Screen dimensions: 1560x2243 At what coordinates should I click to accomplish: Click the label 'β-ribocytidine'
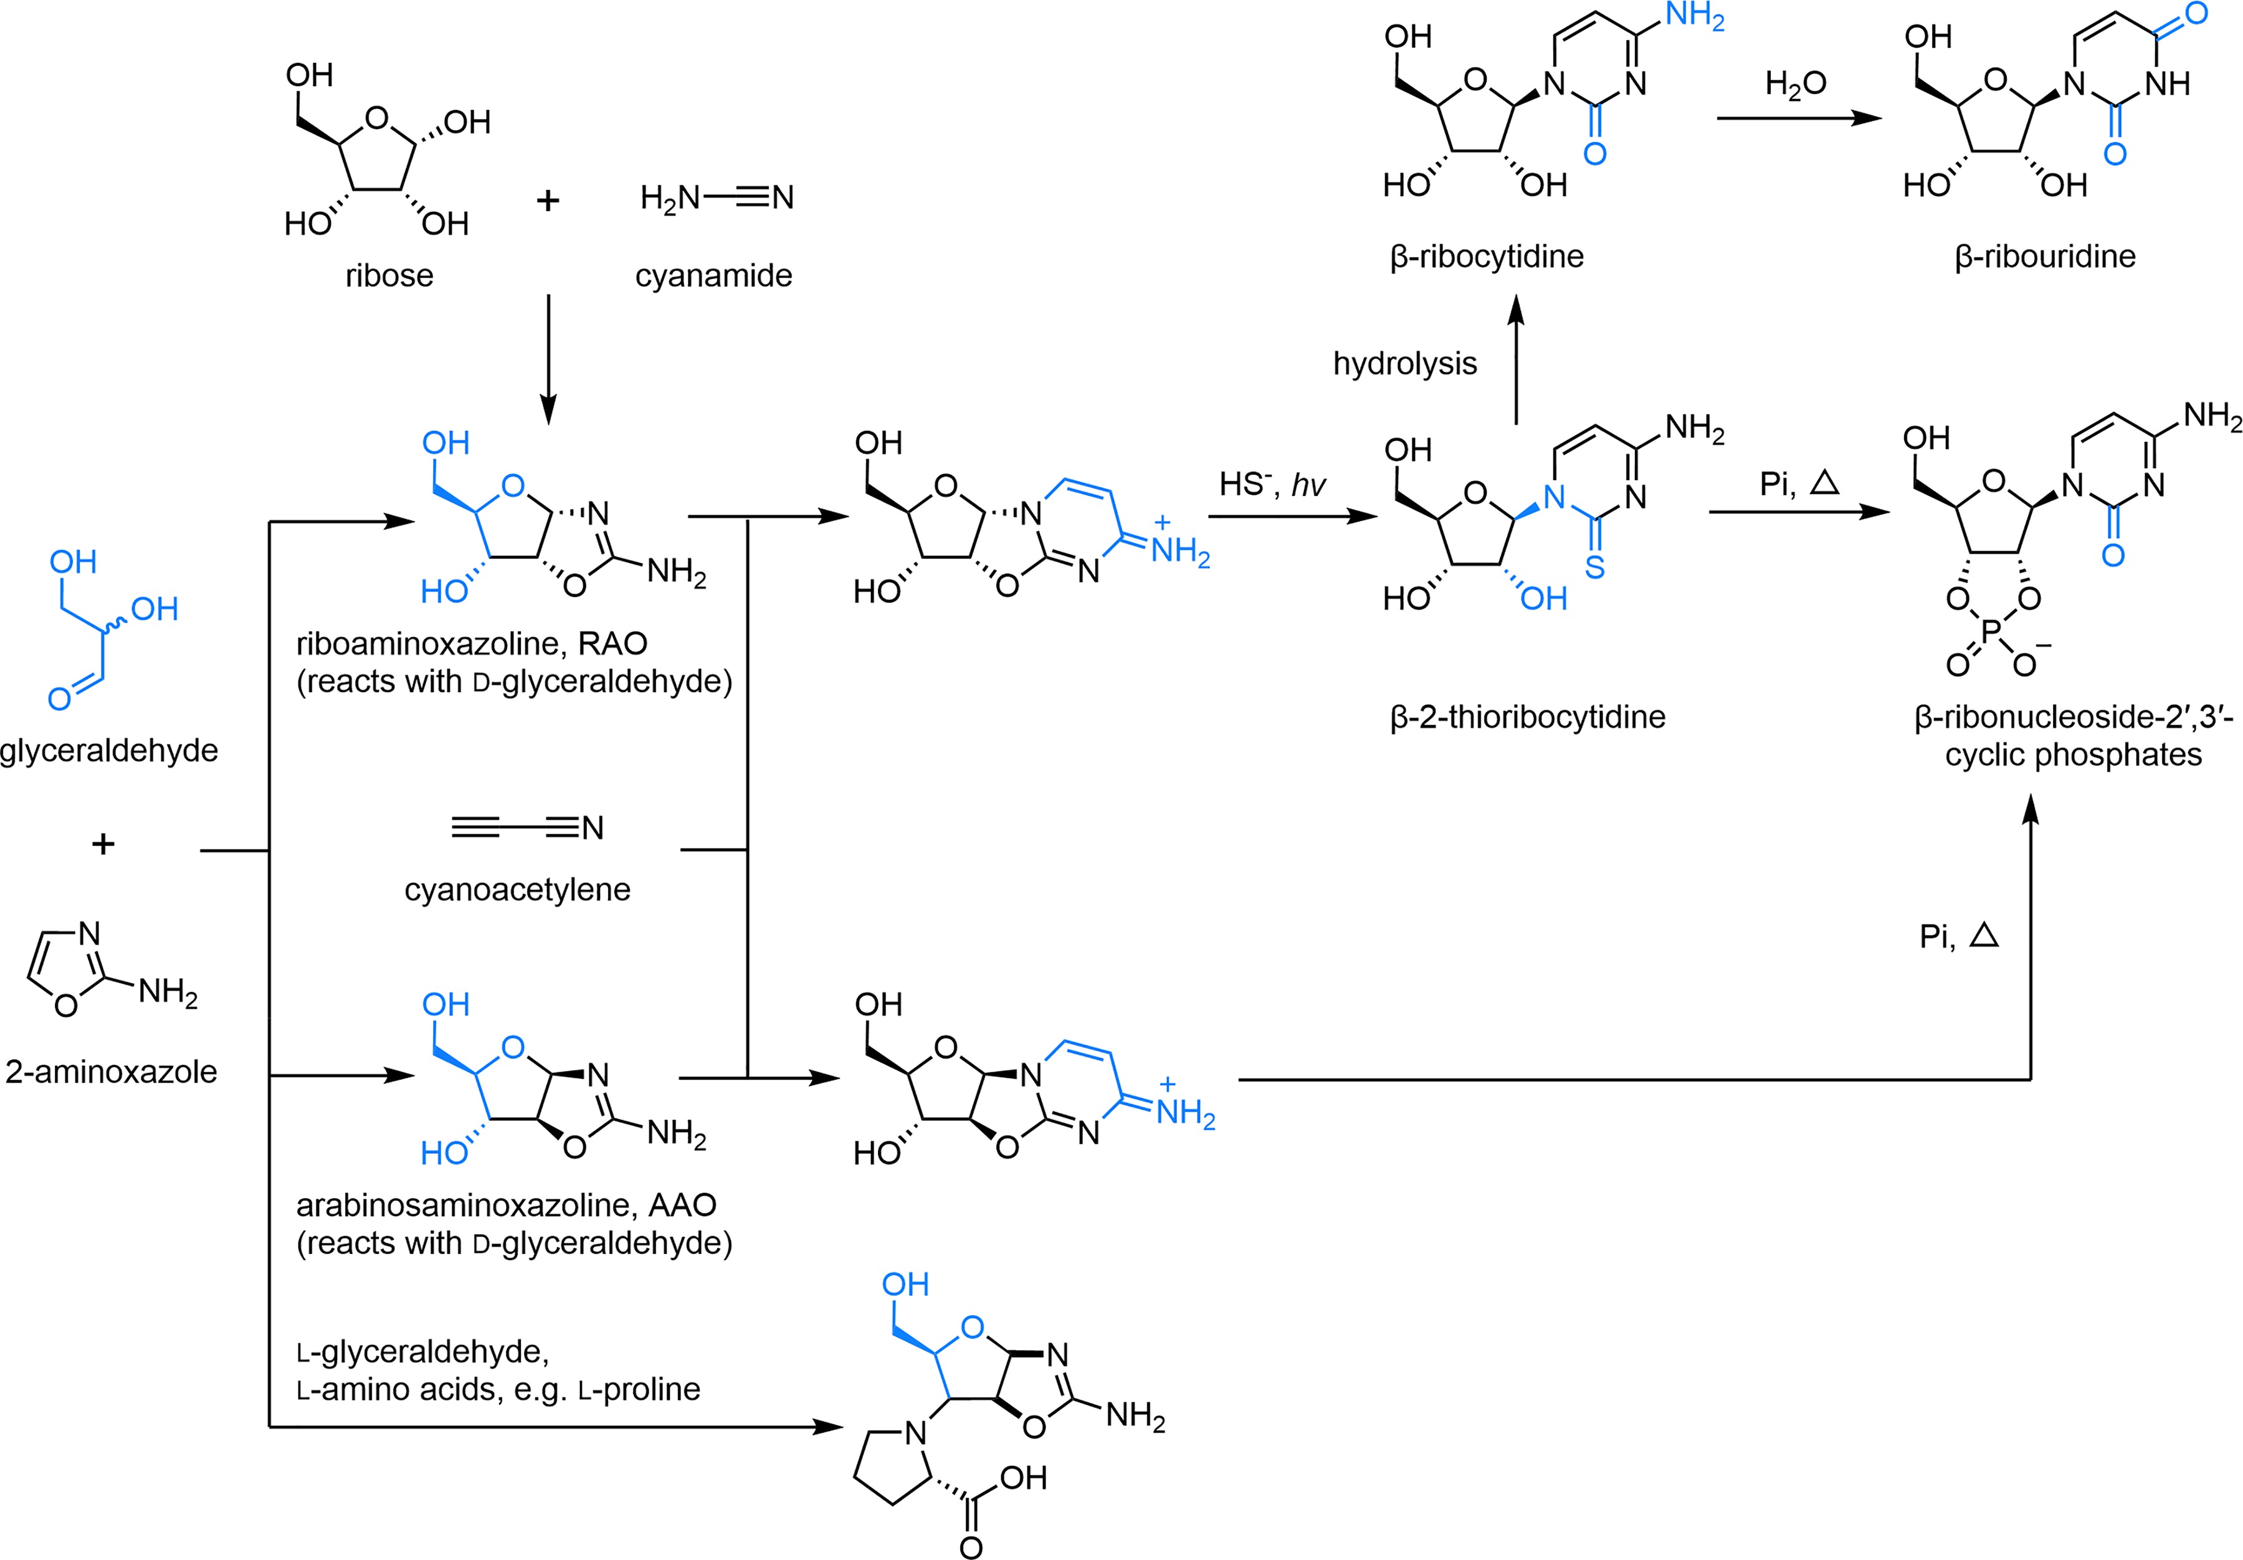[1486, 256]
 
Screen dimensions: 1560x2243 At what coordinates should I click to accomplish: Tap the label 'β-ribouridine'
[2045, 256]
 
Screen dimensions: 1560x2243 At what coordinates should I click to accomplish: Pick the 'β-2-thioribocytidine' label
[1527, 717]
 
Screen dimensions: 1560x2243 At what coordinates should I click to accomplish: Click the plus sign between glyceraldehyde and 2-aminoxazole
[103, 843]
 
